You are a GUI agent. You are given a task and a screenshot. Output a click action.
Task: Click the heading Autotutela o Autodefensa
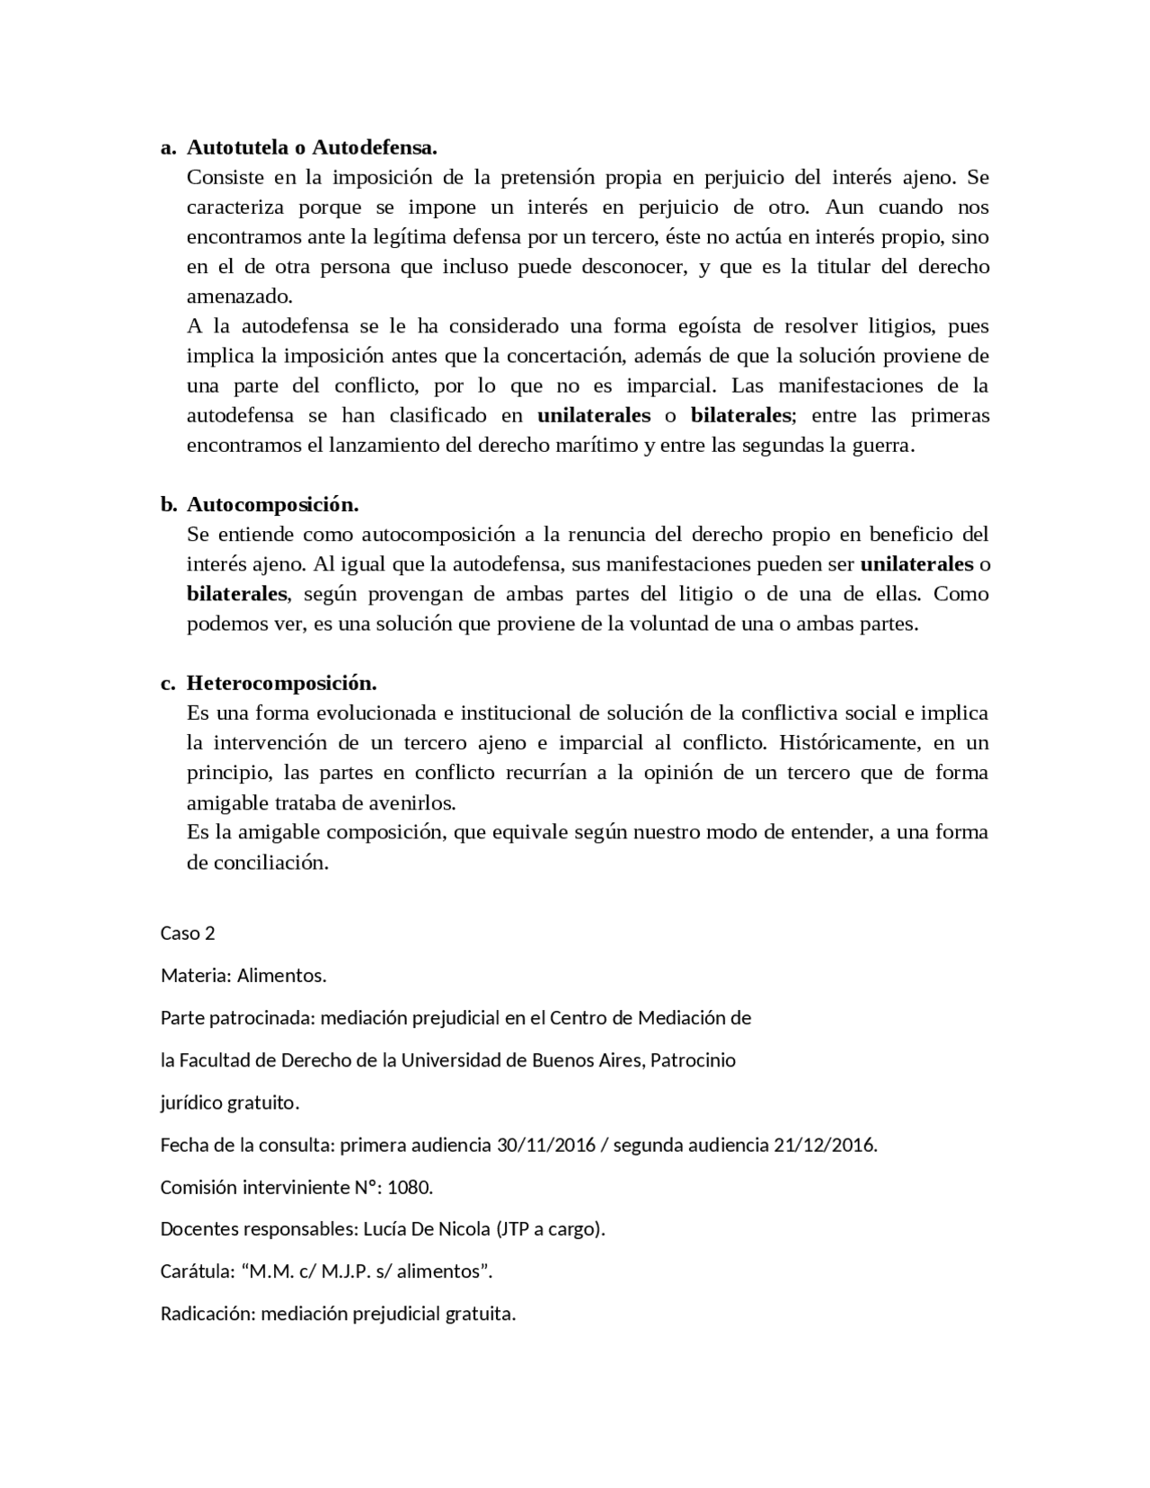(312, 146)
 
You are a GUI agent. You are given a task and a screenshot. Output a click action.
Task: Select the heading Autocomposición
(273, 504)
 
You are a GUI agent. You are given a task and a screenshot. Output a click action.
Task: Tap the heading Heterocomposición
(281, 683)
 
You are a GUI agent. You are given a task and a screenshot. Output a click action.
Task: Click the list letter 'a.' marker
(168, 146)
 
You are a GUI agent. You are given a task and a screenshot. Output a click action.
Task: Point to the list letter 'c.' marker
(168, 683)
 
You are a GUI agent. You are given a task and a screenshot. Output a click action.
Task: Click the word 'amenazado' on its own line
(238, 296)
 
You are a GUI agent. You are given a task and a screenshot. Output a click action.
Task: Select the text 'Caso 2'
(188, 933)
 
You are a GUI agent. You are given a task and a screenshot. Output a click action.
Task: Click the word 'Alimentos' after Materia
(279, 975)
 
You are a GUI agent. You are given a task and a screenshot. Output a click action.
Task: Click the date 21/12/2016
(823, 1145)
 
